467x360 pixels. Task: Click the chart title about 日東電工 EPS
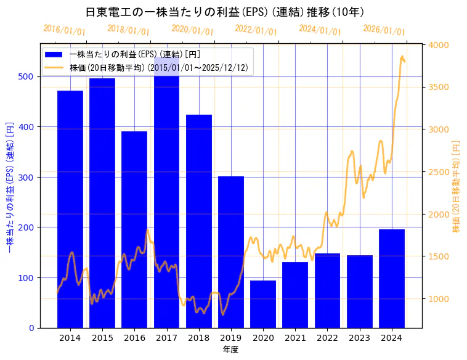point(224,12)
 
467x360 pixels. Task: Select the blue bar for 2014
point(70,210)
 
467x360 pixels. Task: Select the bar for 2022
point(327,290)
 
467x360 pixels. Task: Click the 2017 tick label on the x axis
point(166,338)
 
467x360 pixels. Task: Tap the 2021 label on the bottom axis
point(295,338)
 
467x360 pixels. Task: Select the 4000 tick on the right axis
point(439,45)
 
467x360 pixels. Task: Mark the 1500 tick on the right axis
point(439,256)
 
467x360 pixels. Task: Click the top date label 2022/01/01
point(256,30)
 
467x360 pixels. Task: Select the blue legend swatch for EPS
point(54,54)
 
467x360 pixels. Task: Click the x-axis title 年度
point(230,350)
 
